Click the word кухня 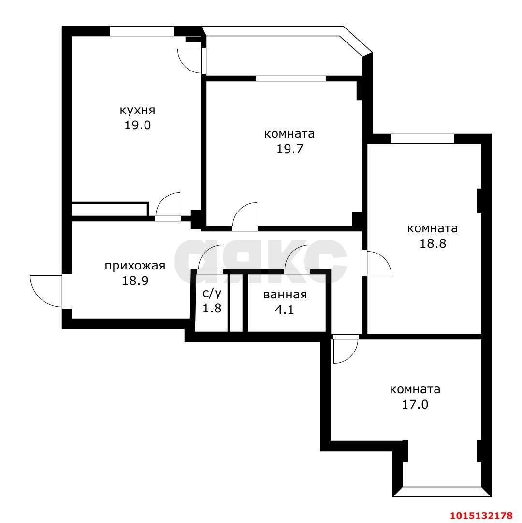[137, 111]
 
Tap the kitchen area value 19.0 [138, 126]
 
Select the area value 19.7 [290, 149]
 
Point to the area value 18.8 [433, 243]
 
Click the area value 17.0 [415, 405]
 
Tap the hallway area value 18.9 [135, 281]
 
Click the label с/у [212, 294]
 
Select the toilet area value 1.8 [212, 308]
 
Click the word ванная [285, 295]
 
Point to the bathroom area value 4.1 [284, 310]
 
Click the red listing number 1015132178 [481, 515]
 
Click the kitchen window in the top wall [142, 31]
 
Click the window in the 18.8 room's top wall [422, 139]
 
